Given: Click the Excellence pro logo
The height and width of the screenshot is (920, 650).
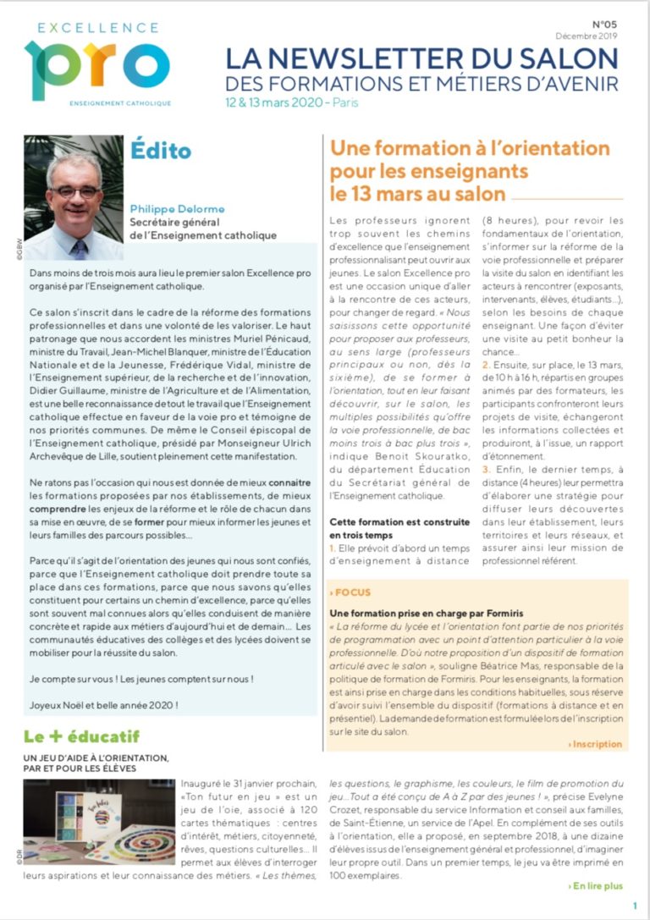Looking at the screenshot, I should (x=96, y=63).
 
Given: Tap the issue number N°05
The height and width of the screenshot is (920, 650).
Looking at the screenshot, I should (x=604, y=25).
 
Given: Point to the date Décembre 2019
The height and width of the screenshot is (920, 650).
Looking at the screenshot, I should (x=587, y=36).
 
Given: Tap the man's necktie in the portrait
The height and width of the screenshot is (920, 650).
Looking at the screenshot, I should (x=78, y=248).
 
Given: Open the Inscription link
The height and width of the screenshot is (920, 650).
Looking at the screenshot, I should (x=597, y=744).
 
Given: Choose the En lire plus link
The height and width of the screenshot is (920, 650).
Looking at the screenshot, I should (x=596, y=886).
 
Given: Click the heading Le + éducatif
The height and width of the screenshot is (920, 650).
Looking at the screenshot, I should (x=81, y=736).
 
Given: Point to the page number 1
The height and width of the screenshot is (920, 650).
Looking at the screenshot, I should (x=635, y=906).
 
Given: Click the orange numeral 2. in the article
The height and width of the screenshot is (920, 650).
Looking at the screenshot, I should (x=486, y=363).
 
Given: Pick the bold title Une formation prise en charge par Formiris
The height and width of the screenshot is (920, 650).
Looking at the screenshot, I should (x=427, y=612).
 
